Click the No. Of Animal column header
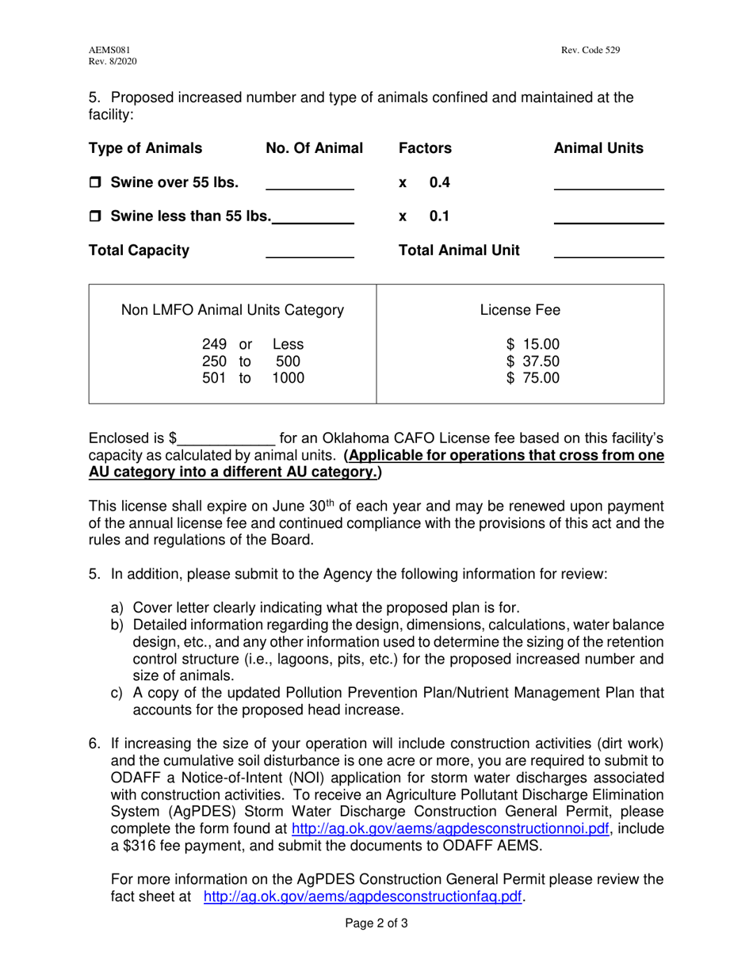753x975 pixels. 314,148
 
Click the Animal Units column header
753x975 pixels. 598,148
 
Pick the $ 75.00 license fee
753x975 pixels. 533,377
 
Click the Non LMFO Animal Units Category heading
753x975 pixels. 232,309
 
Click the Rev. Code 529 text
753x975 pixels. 591,50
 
